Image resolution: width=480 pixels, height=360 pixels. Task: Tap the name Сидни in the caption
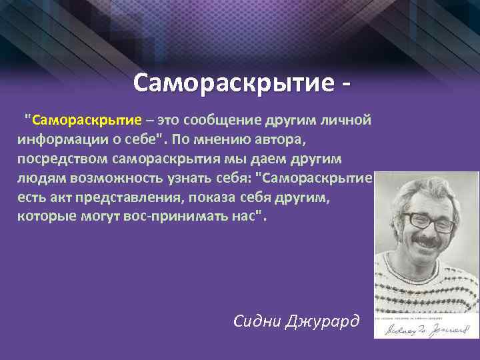click(259, 321)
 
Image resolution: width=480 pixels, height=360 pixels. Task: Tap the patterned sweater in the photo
click(427, 287)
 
